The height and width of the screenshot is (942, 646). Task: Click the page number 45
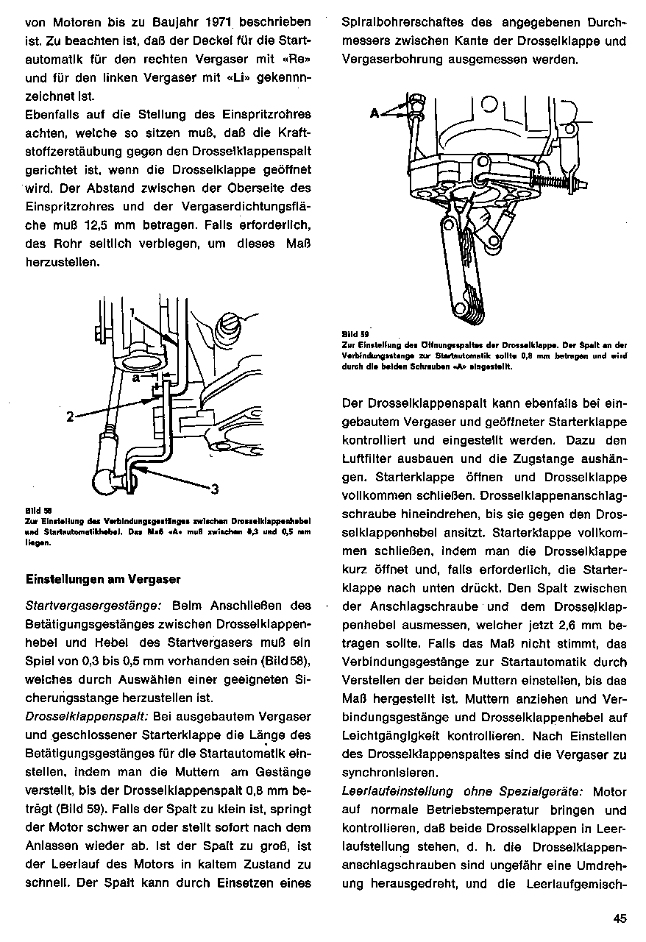[x=618, y=917]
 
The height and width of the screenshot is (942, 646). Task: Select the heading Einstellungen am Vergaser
[x=103, y=579]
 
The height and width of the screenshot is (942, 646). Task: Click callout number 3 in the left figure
[x=215, y=489]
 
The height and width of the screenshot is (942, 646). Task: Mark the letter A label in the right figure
[x=375, y=113]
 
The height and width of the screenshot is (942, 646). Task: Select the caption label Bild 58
[x=34, y=509]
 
